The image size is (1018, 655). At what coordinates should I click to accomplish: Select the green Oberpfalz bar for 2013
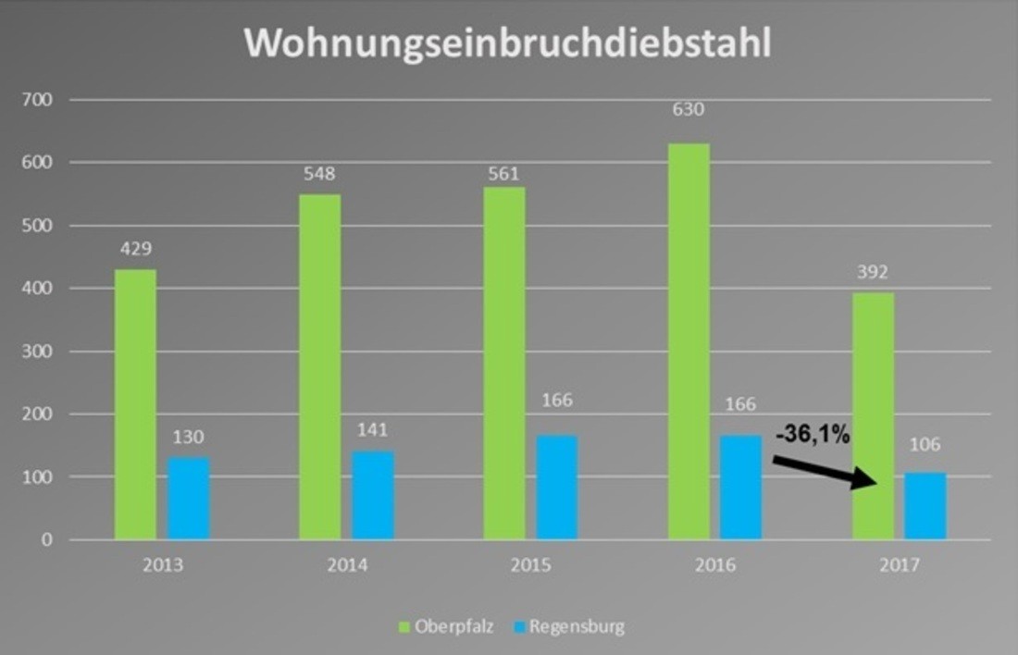[135, 404]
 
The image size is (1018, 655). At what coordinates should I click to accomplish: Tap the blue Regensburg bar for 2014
[373, 495]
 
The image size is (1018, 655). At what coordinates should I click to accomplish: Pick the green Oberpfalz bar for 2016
[689, 341]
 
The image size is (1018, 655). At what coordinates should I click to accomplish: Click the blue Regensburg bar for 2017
[925, 506]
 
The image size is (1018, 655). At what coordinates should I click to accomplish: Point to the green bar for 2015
[504, 363]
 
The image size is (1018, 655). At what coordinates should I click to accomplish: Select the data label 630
[689, 110]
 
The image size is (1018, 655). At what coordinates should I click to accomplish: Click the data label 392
[873, 274]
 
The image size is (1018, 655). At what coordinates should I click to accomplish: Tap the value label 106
[925, 445]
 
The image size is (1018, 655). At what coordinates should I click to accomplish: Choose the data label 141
[373, 429]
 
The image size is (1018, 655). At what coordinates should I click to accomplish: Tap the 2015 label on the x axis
[531, 565]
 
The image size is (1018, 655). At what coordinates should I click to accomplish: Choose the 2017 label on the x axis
[900, 565]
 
